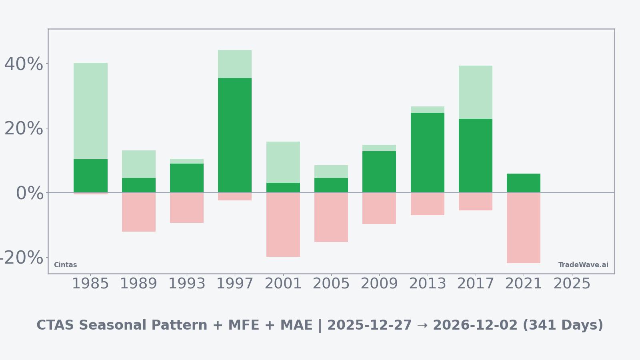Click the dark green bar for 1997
[235, 135]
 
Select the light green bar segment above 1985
[90, 111]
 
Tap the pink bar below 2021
[524, 228]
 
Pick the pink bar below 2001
[283, 225]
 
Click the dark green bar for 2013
[428, 152]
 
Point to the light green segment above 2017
[476, 92]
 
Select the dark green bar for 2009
[379, 172]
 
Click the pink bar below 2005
[331, 217]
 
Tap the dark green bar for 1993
[187, 178]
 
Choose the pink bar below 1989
[139, 212]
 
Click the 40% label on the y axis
[24, 64]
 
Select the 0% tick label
[30, 193]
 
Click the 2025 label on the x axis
[572, 284]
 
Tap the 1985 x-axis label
[90, 284]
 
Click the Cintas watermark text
[65, 265]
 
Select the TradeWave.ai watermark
[583, 265]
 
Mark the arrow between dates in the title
[422, 325]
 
